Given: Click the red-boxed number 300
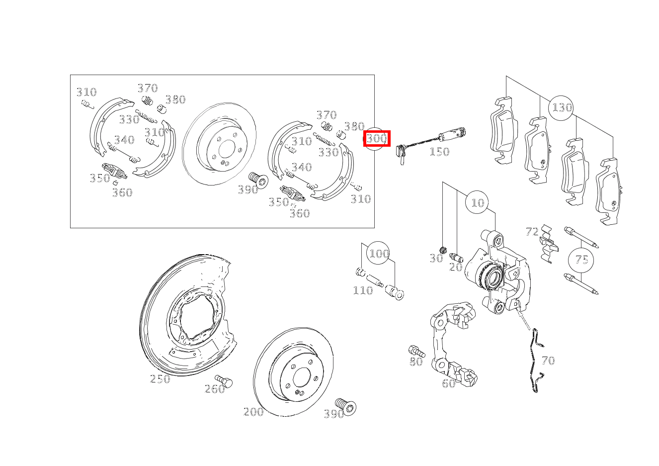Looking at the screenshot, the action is [377, 138].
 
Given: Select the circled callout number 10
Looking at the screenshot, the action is [478, 202].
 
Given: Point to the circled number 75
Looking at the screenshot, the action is [581, 260].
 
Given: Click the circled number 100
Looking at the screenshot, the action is [379, 253].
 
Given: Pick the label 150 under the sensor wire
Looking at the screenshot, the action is [439, 152].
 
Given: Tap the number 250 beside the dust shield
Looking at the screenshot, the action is [160, 379].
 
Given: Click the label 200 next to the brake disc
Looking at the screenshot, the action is [253, 411].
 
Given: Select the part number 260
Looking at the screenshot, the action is [215, 389].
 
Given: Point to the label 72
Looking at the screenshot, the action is [532, 232].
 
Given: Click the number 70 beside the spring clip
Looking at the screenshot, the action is [548, 361].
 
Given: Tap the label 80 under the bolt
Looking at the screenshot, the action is [416, 362].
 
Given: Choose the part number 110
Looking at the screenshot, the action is [363, 290].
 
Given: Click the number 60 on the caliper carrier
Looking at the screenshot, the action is [449, 383].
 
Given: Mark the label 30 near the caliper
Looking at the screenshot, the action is [436, 258].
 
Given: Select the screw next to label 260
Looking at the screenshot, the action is [224, 381].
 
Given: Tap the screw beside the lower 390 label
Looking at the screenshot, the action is [346, 406].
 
